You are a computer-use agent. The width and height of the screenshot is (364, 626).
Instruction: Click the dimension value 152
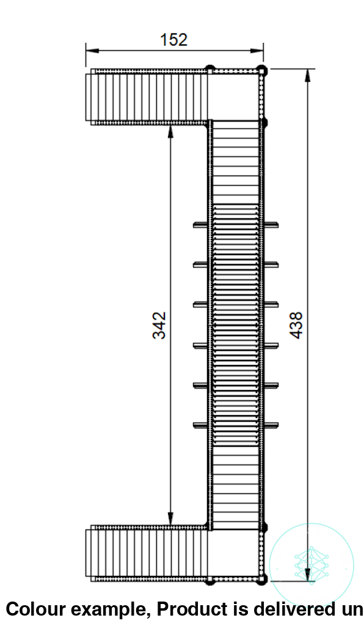173,40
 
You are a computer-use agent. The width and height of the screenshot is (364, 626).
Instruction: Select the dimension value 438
296,325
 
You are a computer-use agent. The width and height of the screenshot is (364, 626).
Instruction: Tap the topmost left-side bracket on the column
201,225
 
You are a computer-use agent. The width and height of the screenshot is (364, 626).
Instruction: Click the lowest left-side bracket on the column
201,425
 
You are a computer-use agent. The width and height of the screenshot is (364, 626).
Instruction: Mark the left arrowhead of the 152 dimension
89,51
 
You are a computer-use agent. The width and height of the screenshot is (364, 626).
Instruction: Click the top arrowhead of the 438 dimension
307,73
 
